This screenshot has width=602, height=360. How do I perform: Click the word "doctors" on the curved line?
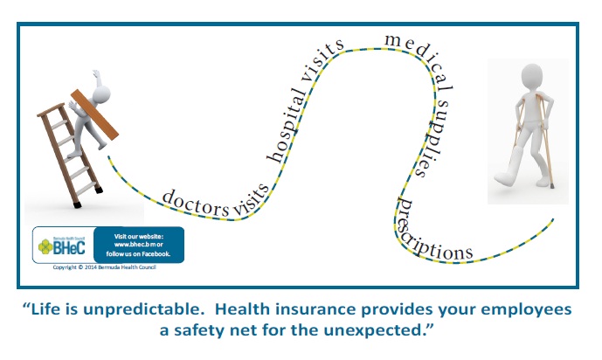(x=196, y=203)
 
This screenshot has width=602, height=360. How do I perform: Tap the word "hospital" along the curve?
(x=287, y=127)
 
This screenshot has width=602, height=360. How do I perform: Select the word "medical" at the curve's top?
(x=419, y=59)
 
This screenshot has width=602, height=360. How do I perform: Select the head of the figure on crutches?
(x=532, y=77)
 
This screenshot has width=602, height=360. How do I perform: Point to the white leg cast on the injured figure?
(x=509, y=168)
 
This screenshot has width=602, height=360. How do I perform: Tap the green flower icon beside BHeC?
(x=45, y=246)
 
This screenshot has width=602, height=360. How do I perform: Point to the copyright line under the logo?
(x=105, y=267)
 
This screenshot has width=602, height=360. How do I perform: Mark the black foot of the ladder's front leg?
(x=77, y=205)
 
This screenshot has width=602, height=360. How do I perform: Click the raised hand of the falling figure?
(x=96, y=73)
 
